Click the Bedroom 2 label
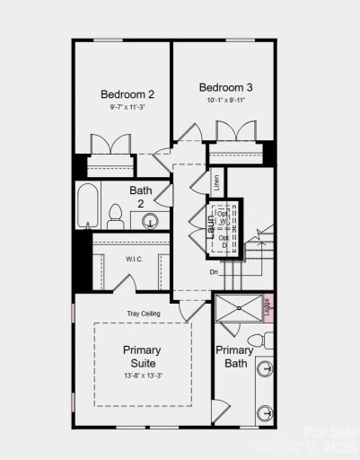(127, 93)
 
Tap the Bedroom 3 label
(225, 87)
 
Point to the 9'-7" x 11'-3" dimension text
(127, 107)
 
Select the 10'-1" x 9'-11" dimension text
(225, 101)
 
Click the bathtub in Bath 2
(87, 207)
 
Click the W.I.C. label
(123, 259)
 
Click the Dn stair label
(214, 271)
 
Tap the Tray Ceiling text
(143, 313)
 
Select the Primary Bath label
(233, 358)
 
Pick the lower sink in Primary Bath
(265, 414)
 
